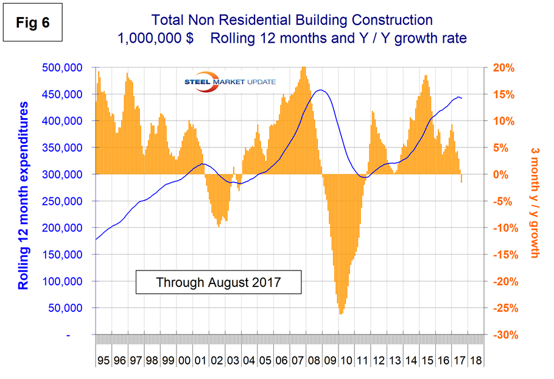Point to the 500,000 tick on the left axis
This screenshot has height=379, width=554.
coord(68,68)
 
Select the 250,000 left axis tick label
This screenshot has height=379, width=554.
coord(68,201)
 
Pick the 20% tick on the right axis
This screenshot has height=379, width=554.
coord(503,68)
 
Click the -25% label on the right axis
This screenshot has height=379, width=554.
coord(503,308)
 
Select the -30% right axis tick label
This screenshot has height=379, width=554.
coord(503,335)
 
